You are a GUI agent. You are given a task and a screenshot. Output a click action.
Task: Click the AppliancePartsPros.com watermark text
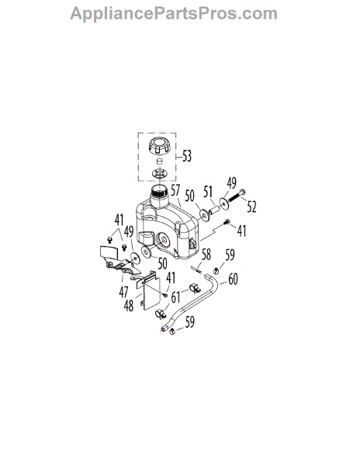(x=174, y=14)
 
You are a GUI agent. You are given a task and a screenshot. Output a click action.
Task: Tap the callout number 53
(x=187, y=156)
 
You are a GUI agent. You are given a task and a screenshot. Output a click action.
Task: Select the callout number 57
(x=175, y=190)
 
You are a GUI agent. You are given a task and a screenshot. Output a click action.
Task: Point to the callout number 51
(x=208, y=192)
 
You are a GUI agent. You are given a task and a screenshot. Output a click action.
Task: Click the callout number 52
(x=251, y=207)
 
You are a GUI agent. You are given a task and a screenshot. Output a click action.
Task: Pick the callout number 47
(x=123, y=292)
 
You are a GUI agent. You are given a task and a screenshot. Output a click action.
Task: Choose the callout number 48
(x=129, y=305)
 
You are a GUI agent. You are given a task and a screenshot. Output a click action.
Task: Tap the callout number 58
(x=206, y=255)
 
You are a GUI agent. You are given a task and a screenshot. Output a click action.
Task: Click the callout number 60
(x=233, y=279)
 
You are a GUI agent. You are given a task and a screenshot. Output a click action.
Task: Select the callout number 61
(x=175, y=297)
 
